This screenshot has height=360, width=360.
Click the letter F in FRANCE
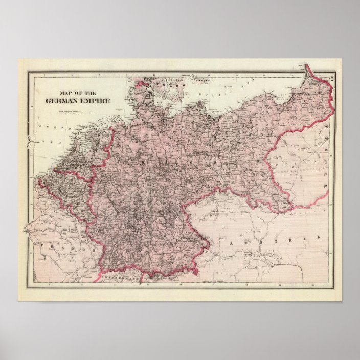(x=45, y=245)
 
